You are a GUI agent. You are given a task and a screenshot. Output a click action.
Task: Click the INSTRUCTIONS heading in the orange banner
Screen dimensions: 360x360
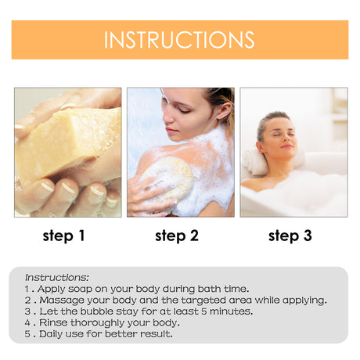(x=179, y=40)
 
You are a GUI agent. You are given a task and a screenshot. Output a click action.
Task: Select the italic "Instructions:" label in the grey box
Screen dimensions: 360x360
(x=57, y=277)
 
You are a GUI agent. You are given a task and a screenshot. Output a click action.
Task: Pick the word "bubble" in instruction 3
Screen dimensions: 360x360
(x=103, y=311)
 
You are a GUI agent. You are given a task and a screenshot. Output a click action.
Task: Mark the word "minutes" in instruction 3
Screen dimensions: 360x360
(x=230, y=311)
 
